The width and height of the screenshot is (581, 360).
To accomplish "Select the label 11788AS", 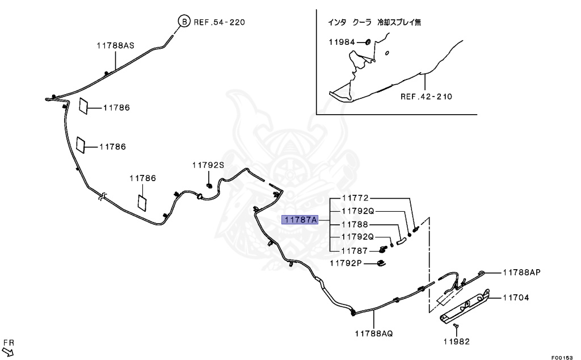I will tap(115, 45).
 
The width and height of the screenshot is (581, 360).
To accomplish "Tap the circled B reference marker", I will tap(184, 22).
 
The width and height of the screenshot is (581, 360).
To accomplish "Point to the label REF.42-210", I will tap(426, 97).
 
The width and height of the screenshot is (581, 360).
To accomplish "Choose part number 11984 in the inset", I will tap(342, 42).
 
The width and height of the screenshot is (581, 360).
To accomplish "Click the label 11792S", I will tap(208, 165).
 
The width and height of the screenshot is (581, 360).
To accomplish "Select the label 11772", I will tap(355, 198).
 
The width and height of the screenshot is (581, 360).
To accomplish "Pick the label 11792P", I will tap(346, 263).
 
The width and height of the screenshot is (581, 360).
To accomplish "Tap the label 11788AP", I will tap(521, 272).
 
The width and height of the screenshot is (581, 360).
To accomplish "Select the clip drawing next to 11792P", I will tap(382, 262).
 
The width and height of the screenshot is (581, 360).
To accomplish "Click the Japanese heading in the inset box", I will tap(374, 23).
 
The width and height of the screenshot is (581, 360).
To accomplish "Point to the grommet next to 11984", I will tap(368, 42).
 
